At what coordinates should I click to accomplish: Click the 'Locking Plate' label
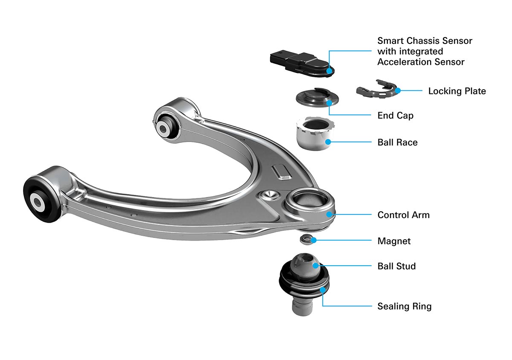point(457,91)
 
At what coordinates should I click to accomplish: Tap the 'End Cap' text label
point(395,116)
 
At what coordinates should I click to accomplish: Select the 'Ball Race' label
point(397,142)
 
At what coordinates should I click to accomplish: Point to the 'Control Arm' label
point(403,215)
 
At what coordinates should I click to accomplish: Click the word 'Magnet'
point(394,241)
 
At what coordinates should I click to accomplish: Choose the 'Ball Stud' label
point(396,266)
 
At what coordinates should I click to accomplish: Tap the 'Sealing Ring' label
point(404,306)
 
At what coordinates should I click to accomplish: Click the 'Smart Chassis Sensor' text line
point(425,41)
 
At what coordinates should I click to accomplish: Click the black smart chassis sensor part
point(299,64)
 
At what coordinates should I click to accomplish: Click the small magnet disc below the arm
point(307,239)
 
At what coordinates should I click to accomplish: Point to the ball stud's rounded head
point(303,267)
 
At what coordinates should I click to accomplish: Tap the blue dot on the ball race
point(328,142)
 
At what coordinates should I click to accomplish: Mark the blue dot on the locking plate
point(397,90)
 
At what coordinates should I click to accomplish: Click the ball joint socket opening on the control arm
point(308,201)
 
